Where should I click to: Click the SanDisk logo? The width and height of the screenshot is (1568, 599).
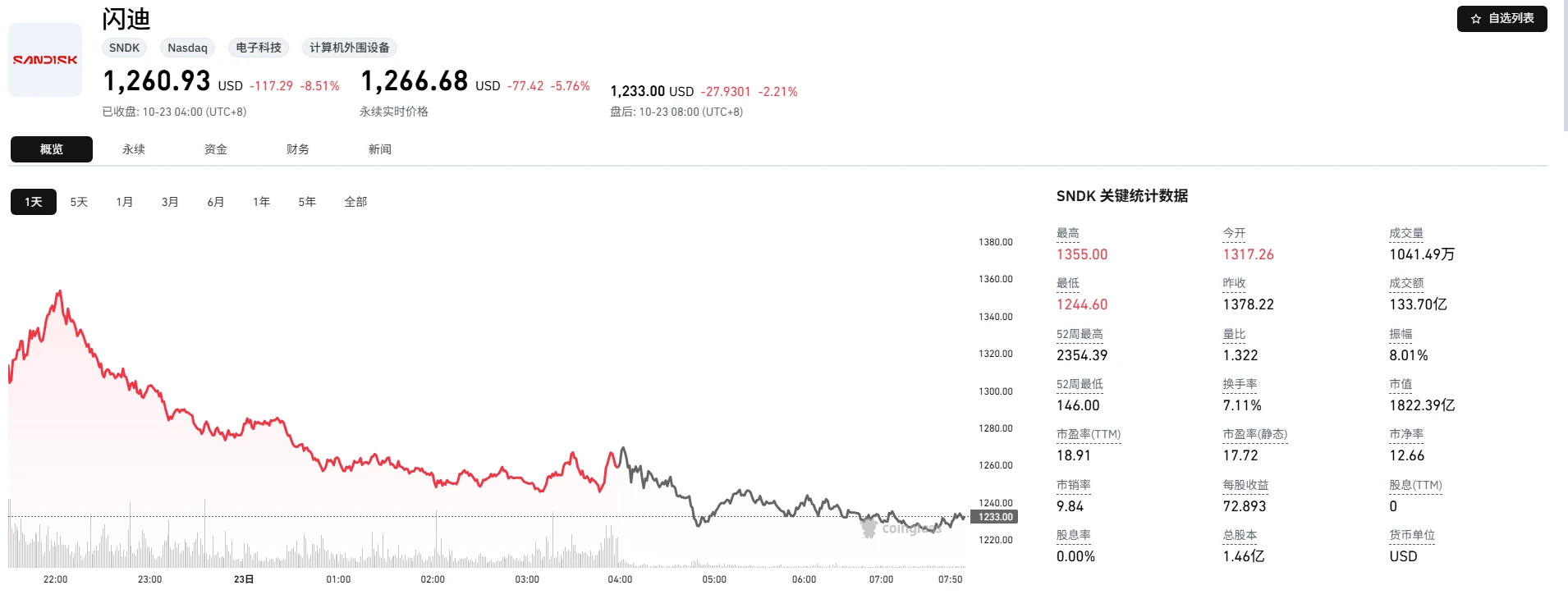45,60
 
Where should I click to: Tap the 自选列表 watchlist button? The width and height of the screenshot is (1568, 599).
1502,18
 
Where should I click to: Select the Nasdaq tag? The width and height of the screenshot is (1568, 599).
187,48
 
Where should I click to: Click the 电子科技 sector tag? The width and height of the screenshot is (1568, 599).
259,48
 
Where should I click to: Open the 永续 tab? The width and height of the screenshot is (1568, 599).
134,149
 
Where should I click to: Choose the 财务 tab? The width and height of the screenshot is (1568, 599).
298,149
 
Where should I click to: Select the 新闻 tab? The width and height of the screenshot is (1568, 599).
380,149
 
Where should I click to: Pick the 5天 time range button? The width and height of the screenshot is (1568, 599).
79,202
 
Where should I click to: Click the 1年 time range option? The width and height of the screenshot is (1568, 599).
262,202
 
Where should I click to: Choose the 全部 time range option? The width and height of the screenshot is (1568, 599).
355,202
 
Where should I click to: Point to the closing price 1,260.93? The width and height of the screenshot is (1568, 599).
157,81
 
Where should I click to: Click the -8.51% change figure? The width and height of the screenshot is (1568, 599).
320,86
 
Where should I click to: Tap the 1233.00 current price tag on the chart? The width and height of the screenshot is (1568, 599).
995,517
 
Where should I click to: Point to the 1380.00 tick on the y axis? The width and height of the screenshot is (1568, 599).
996,242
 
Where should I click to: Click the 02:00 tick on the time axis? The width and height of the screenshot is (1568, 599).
433,579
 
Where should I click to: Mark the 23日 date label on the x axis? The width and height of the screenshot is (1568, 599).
244,579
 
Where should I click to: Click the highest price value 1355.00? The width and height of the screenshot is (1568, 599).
1082,254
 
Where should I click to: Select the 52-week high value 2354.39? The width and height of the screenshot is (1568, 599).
1082,355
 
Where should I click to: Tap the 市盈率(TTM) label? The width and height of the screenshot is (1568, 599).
1089,434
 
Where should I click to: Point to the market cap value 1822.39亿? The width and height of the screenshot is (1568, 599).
1422,405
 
